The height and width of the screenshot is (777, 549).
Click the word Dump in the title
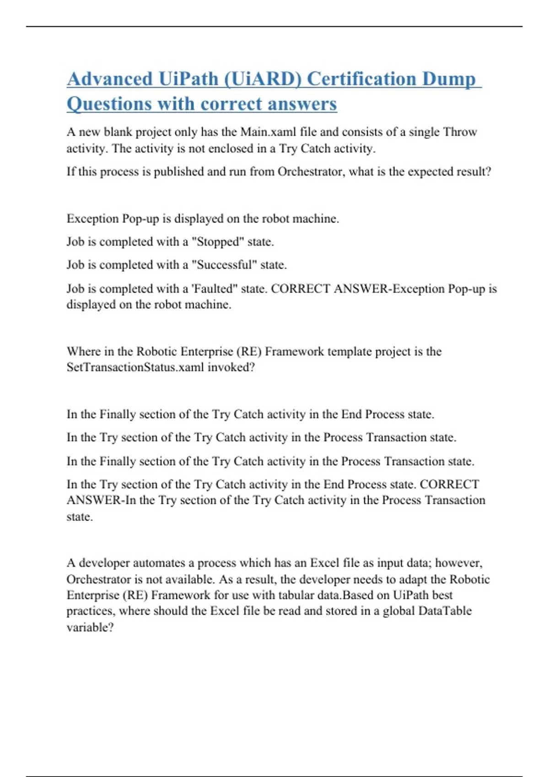coord(448,79)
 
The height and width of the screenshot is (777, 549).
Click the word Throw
coord(460,132)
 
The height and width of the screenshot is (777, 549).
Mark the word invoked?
coord(231,367)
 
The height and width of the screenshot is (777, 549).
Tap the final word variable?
coord(90,628)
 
